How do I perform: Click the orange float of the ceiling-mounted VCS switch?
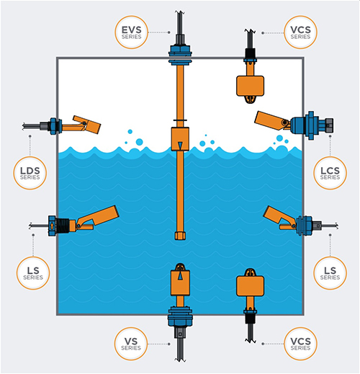coord(252,86)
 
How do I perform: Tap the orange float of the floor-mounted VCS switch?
coord(252,287)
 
